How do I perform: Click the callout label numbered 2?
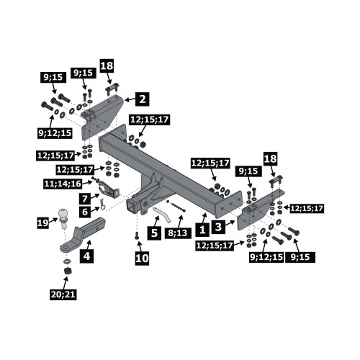[x=143, y=99]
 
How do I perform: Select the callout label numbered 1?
[x=202, y=229]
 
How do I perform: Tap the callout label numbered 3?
[x=218, y=227]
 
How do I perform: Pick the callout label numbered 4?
[x=86, y=256]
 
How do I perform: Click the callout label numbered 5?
[x=154, y=233]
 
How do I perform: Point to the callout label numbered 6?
[x=86, y=212]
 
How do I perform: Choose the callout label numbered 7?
[x=86, y=199]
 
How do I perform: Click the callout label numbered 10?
[x=142, y=258]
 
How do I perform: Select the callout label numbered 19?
[x=43, y=223]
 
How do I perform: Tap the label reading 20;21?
[x=63, y=294]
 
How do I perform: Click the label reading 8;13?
[x=178, y=233]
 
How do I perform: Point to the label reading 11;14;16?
[x=63, y=184]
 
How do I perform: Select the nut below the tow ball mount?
[x=66, y=271]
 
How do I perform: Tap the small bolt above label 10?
[x=137, y=235]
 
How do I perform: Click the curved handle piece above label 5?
[x=162, y=214]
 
